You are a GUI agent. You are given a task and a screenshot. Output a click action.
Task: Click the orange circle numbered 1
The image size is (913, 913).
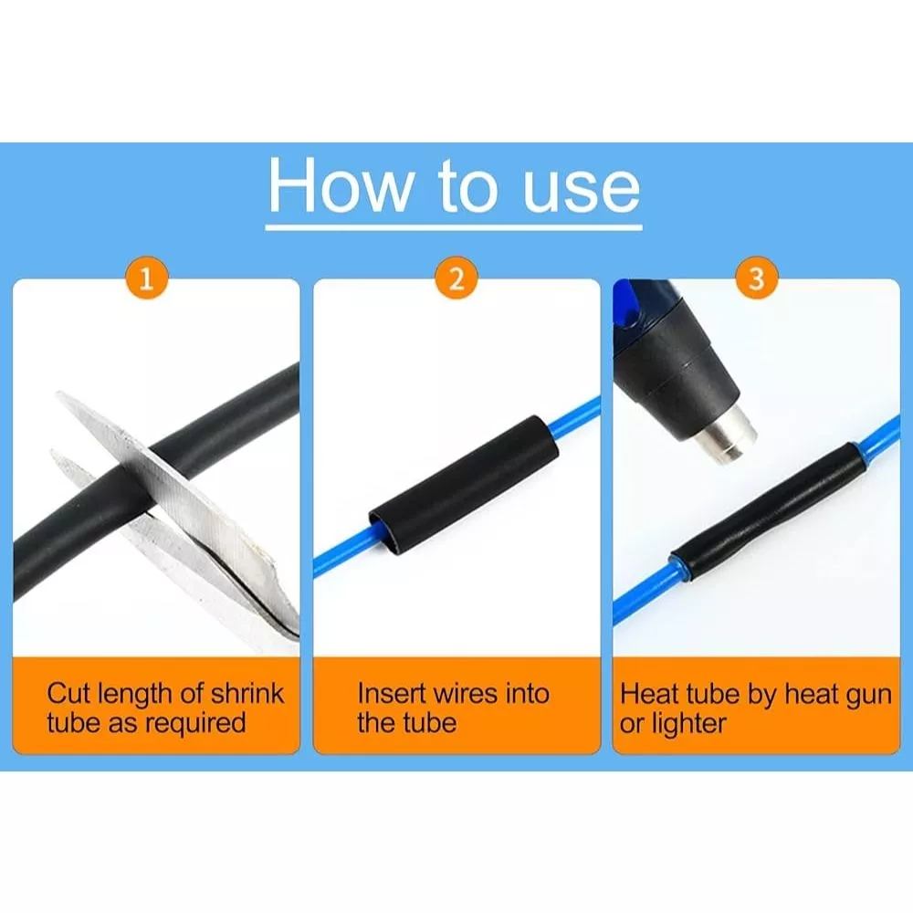point(147,278)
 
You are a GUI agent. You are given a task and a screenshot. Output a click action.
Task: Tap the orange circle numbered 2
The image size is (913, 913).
point(456,278)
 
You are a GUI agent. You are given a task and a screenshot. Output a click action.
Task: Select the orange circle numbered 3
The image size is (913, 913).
point(756,278)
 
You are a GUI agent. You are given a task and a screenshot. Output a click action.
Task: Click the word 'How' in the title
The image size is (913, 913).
point(340,186)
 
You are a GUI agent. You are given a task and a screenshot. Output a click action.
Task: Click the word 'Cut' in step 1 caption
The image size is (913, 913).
point(69,694)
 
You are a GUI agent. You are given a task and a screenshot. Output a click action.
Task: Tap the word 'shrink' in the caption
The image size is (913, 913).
point(247,694)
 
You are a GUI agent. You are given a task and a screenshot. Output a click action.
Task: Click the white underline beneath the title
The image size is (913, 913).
point(454,226)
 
